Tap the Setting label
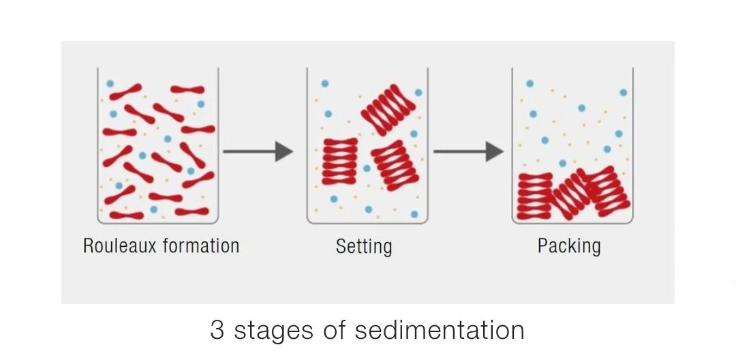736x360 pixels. [x=364, y=246]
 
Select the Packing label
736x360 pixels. [x=569, y=246]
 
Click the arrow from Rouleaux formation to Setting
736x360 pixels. [x=258, y=151]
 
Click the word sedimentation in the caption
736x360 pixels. [x=440, y=330]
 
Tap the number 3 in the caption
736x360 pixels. [x=217, y=330]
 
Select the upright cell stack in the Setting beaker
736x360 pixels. [x=339, y=161]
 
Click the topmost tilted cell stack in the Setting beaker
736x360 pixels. [x=388, y=109]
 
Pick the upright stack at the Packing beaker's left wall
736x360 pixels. [x=535, y=196]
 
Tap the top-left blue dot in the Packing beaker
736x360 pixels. [x=530, y=84]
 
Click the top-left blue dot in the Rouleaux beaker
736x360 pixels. [x=110, y=83]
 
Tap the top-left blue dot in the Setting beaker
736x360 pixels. [x=325, y=84]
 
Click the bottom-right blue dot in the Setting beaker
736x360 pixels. [x=414, y=214]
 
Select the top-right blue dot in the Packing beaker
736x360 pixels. [x=623, y=92]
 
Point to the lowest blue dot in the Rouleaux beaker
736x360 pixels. [x=153, y=209]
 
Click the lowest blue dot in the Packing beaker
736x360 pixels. [x=562, y=163]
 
